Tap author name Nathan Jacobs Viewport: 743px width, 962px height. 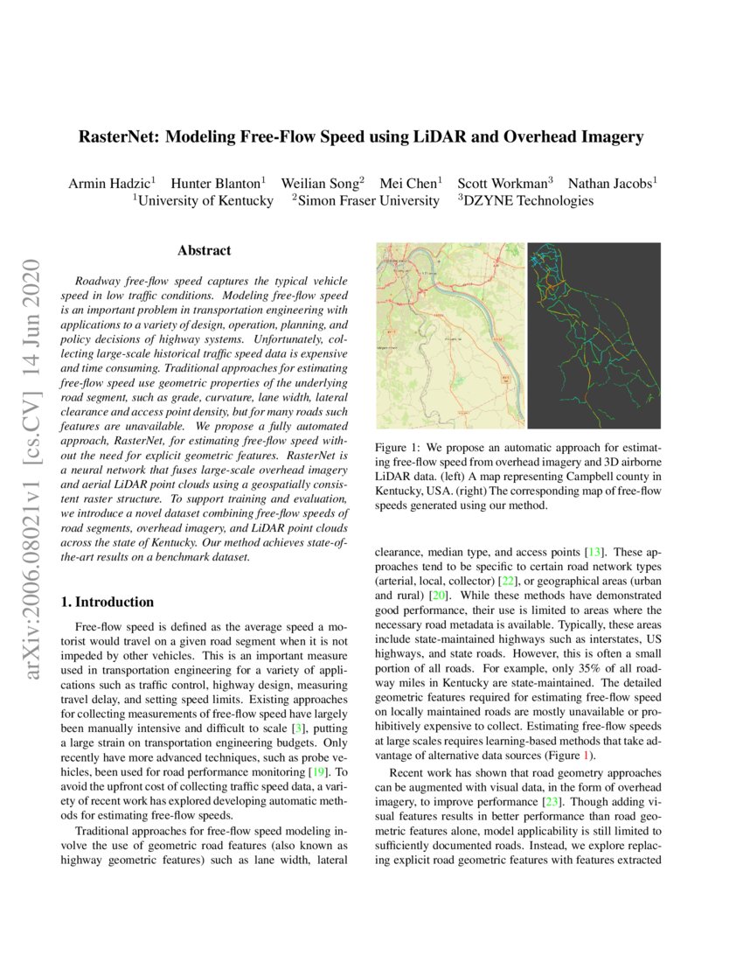611,184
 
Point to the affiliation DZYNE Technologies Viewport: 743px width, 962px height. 528,201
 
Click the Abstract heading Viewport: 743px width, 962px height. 204,251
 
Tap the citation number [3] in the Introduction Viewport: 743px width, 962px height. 300,704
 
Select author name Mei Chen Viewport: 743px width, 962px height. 410,184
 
